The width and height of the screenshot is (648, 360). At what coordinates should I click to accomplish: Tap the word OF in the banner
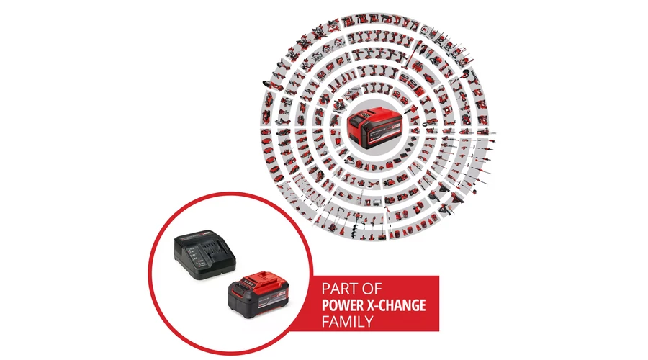[x=373, y=289]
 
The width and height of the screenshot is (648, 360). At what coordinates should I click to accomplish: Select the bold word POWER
[x=343, y=305]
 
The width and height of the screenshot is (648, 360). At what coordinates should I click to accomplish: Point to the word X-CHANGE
[x=396, y=305]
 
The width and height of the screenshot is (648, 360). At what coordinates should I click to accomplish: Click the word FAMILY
[x=348, y=322]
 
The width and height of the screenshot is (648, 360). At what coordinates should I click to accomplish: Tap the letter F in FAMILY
[x=325, y=322]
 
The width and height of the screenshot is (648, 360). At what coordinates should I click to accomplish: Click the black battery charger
[x=204, y=254]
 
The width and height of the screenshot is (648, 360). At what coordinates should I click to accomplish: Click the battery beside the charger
[x=258, y=294]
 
